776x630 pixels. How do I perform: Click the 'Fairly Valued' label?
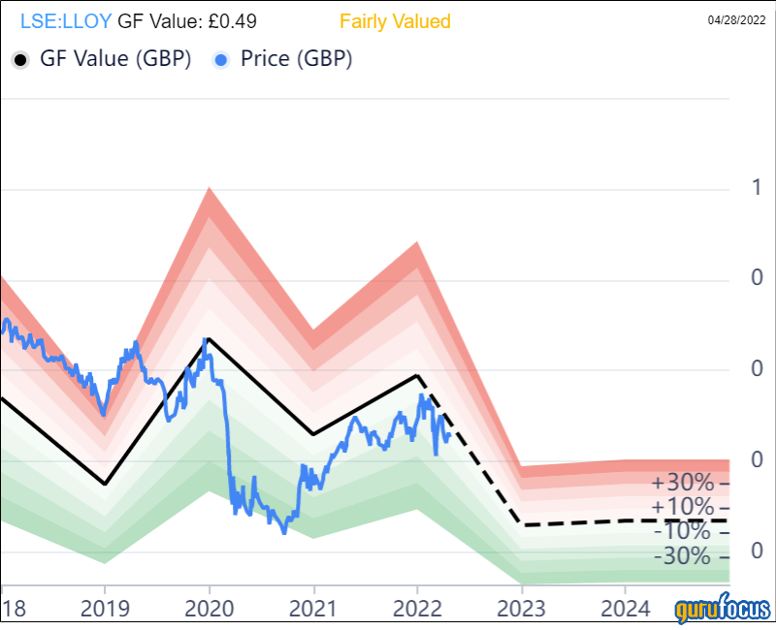pyautogui.click(x=395, y=21)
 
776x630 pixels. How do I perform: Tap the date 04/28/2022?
pyautogui.click(x=741, y=20)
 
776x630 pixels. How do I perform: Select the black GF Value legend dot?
pyautogui.click(x=20, y=60)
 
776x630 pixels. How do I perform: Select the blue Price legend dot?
pyautogui.click(x=220, y=60)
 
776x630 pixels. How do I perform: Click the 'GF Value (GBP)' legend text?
pyautogui.click(x=114, y=59)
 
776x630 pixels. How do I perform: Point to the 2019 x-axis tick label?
pyautogui.click(x=105, y=610)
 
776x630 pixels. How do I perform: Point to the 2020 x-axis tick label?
pyautogui.click(x=209, y=610)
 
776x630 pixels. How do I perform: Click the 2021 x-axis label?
pyautogui.click(x=313, y=610)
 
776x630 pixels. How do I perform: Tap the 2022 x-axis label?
pyautogui.click(x=417, y=610)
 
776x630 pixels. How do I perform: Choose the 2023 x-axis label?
pyautogui.click(x=522, y=610)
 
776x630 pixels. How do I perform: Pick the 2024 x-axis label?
pyautogui.click(x=626, y=610)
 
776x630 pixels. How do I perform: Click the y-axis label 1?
pyautogui.click(x=756, y=188)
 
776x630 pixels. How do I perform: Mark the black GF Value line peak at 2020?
pyautogui.click(x=209, y=338)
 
